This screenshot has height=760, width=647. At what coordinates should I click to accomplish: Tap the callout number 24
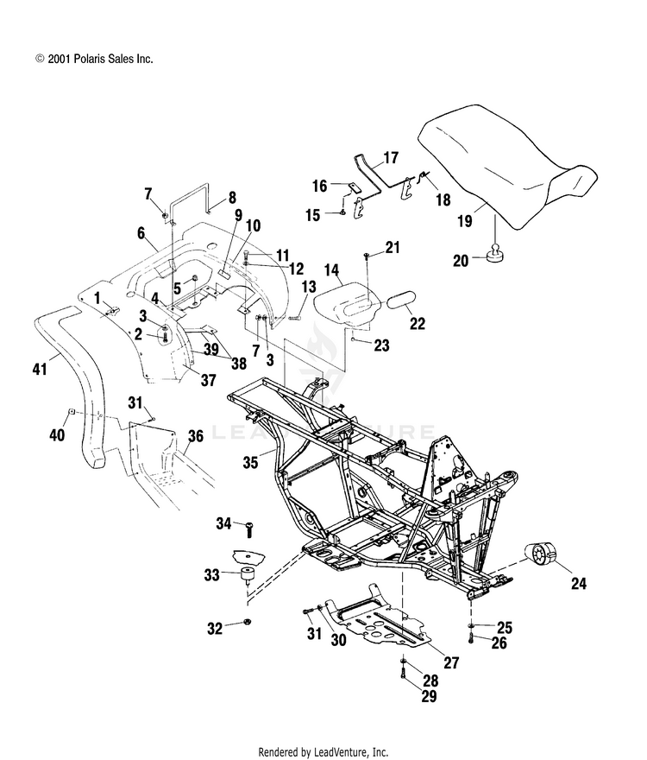(578, 584)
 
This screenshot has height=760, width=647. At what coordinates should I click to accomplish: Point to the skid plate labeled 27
(376, 619)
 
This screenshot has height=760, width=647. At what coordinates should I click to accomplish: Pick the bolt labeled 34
(249, 529)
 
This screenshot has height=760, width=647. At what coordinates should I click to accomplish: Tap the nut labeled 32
(247, 622)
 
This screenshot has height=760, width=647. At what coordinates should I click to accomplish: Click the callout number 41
(40, 369)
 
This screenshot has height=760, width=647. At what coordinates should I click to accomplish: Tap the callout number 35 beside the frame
(250, 462)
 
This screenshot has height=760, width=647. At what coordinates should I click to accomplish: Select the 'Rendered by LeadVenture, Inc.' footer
(323, 751)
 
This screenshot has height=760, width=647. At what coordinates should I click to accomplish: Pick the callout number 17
(390, 157)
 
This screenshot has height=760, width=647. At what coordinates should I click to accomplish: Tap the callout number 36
(196, 436)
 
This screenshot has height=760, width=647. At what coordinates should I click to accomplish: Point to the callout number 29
(429, 696)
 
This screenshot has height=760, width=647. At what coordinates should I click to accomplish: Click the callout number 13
(309, 288)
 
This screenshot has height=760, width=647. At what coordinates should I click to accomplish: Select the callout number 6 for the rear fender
(141, 233)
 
